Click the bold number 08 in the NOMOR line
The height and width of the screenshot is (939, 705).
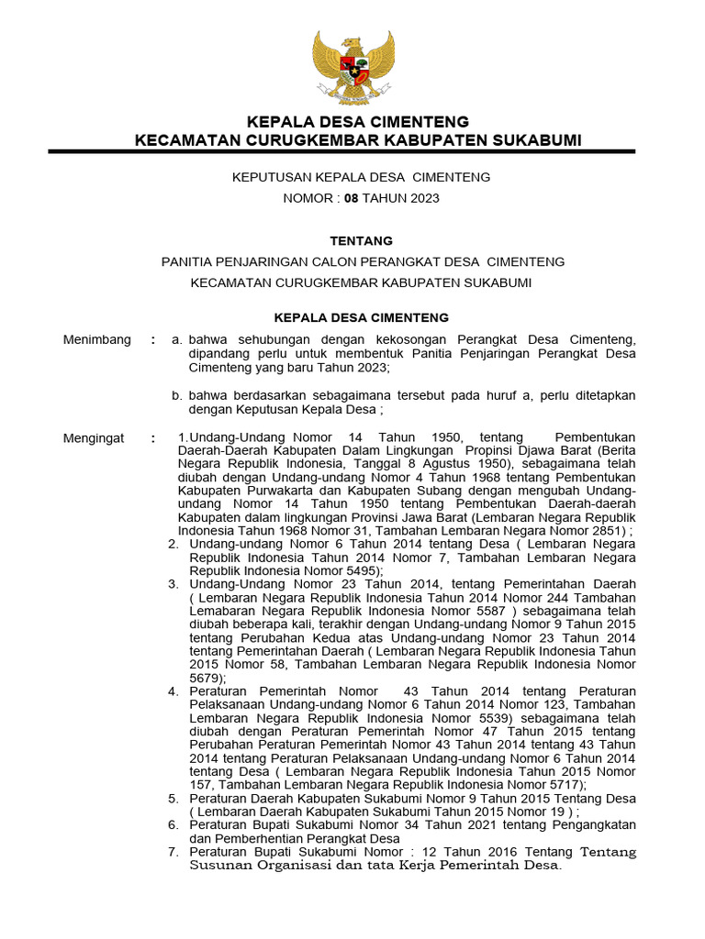[x=352, y=198]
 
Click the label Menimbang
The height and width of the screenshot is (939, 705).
[x=97, y=340]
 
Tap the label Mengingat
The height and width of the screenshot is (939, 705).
[x=94, y=438]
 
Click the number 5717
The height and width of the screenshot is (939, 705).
[x=556, y=785]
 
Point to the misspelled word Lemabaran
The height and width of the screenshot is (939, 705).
[x=220, y=609]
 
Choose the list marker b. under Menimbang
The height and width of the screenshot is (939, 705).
[x=178, y=395]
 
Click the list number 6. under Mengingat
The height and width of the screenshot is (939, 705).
[x=173, y=825]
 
